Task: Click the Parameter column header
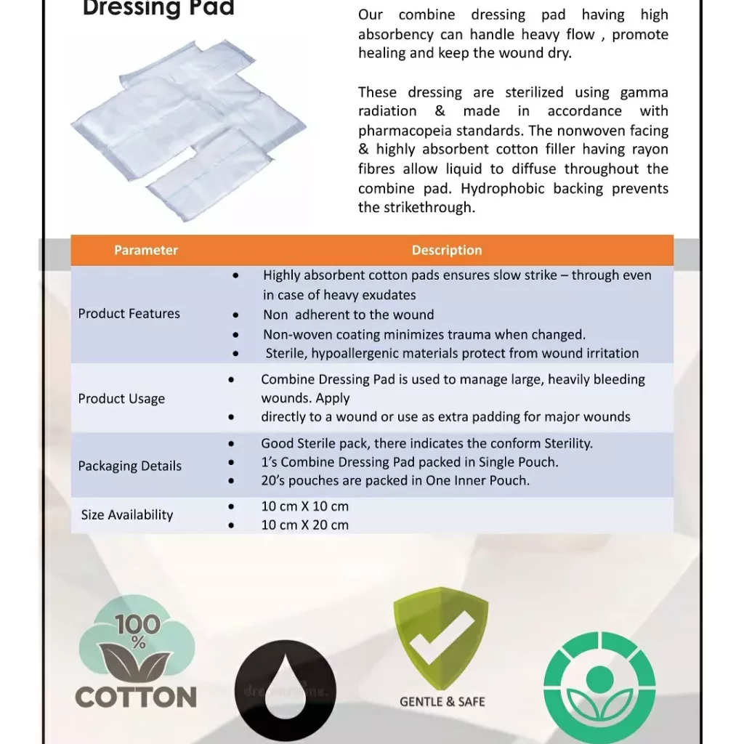pyautogui.click(x=145, y=251)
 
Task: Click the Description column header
pyautogui.click(x=446, y=251)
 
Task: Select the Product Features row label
pyautogui.click(x=129, y=314)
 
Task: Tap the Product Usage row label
pyautogui.click(x=121, y=399)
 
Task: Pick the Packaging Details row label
pyautogui.click(x=130, y=466)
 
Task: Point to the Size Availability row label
pyautogui.click(x=127, y=515)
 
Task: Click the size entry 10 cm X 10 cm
pyautogui.click(x=304, y=506)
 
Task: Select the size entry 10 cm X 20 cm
pyautogui.click(x=304, y=525)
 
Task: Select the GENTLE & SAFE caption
pyautogui.click(x=442, y=702)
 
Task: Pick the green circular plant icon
pyautogui.click(x=599, y=687)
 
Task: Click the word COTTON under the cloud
pyautogui.click(x=136, y=697)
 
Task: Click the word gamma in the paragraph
pyautogui.click(x=644, y=92)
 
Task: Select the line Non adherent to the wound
pyautogui.click(x=348, y=315)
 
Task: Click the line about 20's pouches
pyautogui.click(x=395, y=480)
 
